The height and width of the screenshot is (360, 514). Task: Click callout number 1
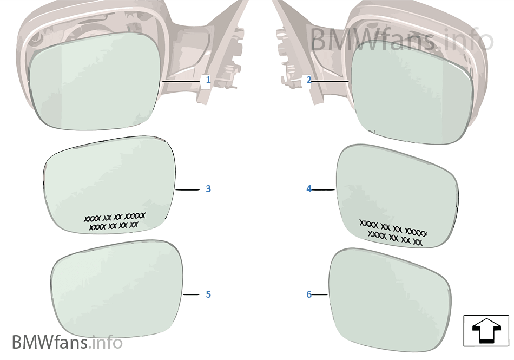(x=208, y=81)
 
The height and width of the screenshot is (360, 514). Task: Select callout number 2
(x=309, y=80)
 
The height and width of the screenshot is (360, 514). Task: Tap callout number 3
(x=208, y=189)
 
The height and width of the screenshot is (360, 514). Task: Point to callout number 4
(x=309, y=189)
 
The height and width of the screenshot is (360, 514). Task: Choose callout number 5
(x=208, y=294)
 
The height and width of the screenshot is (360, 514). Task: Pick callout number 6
(x=309, y=294)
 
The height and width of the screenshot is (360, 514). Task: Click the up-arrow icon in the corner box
(x=485, y=331)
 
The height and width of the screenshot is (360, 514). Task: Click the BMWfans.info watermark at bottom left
(x=67, y=342)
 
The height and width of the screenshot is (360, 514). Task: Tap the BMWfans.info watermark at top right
(x=401, y=40)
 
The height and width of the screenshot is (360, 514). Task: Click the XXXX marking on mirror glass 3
(x=114, y=221)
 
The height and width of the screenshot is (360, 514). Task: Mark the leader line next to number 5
(x=192, y=294)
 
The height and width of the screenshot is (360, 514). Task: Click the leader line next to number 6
(x=320, y=294)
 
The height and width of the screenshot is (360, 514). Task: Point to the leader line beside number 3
(x=188, y=189)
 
